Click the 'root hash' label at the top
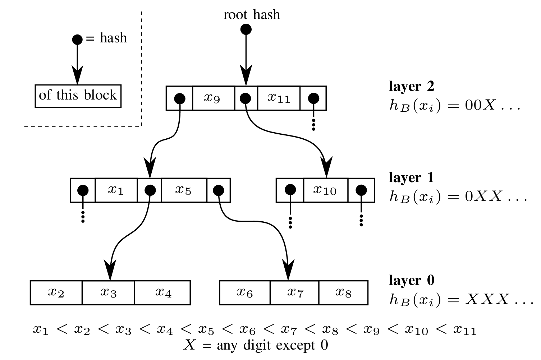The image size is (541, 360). tap(252, 15)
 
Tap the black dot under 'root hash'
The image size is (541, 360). tap(246, 29)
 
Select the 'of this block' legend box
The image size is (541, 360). tap(78, 96)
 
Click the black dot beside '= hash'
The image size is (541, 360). tap(77, 40)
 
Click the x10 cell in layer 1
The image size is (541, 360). tap(325, 190)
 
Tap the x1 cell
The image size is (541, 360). tap(116, 190)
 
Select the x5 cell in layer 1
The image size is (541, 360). tap(184, 190)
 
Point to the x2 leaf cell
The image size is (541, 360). tap(56, 292)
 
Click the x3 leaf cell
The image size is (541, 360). tap(108, 292)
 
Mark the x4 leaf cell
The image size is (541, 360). tap(163, 292)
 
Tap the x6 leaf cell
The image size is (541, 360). tap(244, 292)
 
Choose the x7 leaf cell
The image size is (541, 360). tap(294, 292)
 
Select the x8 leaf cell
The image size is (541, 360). tap(343, 292)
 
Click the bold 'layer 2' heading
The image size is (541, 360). tap(411, 86)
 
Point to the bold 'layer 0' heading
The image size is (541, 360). tap(411, 280)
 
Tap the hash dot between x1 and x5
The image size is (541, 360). tap(149, 190)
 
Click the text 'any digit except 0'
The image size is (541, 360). tap(272, 346)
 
